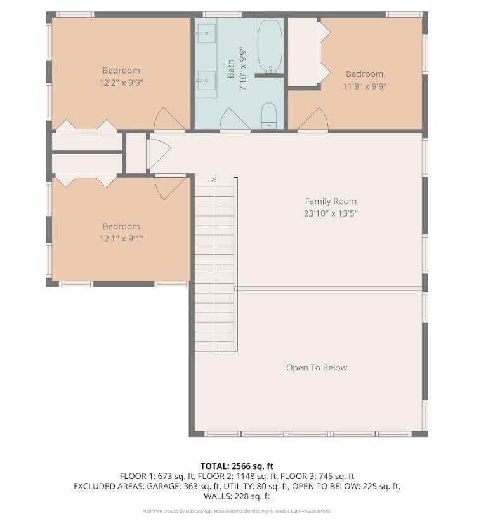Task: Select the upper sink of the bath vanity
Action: tap(205, 31)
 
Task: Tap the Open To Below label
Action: tap(317, 367)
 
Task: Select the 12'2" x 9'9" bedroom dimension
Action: tap(121, 83)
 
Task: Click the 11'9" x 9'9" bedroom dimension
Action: tap(364, 86)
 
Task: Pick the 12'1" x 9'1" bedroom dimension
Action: tap(121, 239)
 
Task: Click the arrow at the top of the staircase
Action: tap(214, 180)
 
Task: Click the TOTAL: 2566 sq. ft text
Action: tap(237, 466)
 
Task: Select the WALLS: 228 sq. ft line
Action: tap(237, 496)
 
